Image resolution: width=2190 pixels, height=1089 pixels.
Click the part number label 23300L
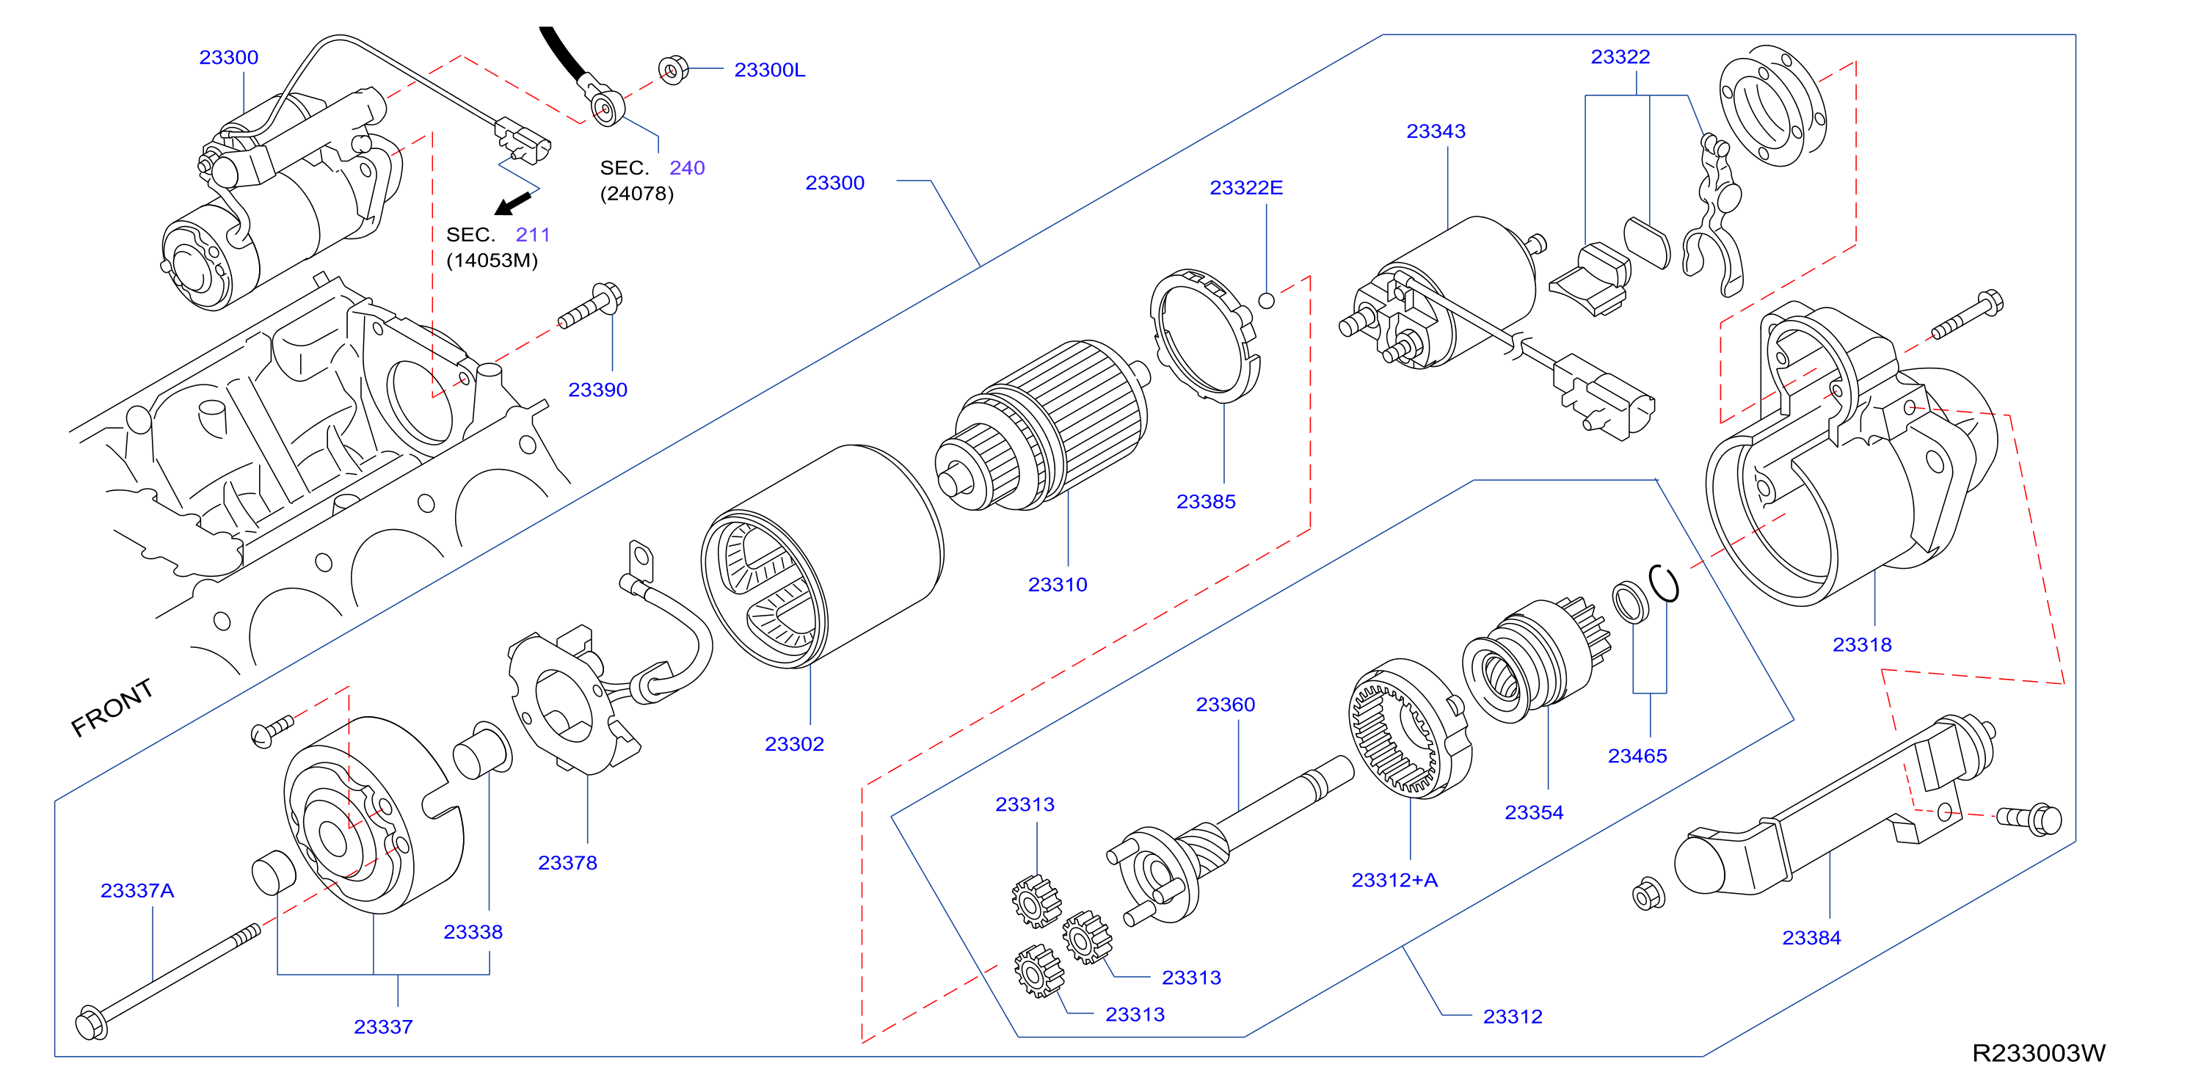[x=769, y=70]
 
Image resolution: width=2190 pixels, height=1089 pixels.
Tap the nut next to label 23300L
[x=672, y=70]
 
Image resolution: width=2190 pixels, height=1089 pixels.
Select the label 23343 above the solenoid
[x=1436, y=131]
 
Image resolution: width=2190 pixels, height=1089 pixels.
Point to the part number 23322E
[x=1246, y=187]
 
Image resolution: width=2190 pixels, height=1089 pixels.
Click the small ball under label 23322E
[x=1266, y=300]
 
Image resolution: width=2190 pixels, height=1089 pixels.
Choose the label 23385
[x=1206, y=501]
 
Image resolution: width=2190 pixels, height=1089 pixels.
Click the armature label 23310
[x=1058, y=585]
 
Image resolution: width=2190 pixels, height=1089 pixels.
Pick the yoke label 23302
[x=794, y=744]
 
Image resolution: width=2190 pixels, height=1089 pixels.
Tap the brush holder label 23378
[x=567, y=863]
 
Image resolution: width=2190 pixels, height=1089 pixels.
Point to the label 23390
[x=597, y=390]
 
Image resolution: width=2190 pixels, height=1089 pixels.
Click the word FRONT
[x=112, y=707]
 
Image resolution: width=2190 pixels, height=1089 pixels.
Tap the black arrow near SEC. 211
[x=514, y=203]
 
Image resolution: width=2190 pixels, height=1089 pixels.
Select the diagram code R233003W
[x=2039, y=1053]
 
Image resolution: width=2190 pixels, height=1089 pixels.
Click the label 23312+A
[x=1394, y=880]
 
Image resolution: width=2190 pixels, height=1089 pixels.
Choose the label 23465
[x=1637, y=756]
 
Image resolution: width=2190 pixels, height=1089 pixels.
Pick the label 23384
[x=1812, y=938]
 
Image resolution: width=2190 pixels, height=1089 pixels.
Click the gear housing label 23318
[x=1862, y=644]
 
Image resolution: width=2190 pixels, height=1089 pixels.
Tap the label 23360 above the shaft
[x=1225, y=704]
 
